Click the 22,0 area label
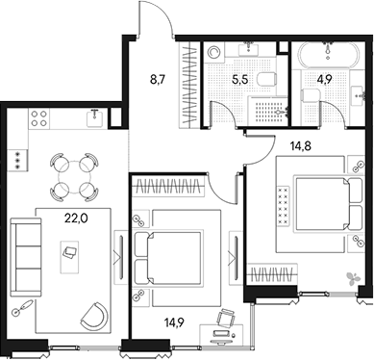[x=76, y=219]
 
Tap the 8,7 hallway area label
[x=158, y=79]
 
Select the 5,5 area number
[x=240, y=80]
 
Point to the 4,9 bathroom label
[x=323, y=80]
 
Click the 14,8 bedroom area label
[x=301, y=146]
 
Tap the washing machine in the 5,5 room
[x=213, y=52]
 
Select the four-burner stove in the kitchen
[x=39, y=118]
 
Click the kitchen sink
[x=94, y=117]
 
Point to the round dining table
[x=74, y=177]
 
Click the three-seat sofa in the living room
[x=26, y=257]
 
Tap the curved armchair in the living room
[x=94, y=316]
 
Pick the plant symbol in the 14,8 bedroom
[x=353, y=278]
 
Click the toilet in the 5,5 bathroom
[x=266, y=79]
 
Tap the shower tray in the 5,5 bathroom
[x=268, y=111]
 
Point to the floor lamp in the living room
[x=22, y=307]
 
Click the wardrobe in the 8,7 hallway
[x=188, y=84]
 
